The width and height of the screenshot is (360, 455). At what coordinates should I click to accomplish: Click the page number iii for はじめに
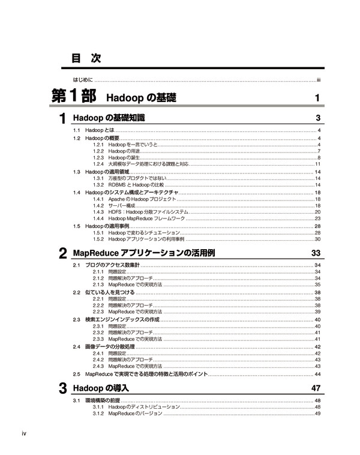[320, 79]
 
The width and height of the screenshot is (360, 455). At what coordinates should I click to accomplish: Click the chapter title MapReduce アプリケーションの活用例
[143, 253]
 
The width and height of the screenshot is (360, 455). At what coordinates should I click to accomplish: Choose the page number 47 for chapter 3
[316, 388]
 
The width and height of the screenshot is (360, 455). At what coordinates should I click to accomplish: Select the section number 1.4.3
[99, 212]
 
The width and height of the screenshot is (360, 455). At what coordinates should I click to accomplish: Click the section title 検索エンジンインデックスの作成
[122, 319]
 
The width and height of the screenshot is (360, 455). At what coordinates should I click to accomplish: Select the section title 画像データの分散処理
[112, 347]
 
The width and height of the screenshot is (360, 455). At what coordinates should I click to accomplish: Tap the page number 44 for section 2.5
[318, 374]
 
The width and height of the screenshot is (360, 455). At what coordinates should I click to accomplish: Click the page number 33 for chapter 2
[316, 253]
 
